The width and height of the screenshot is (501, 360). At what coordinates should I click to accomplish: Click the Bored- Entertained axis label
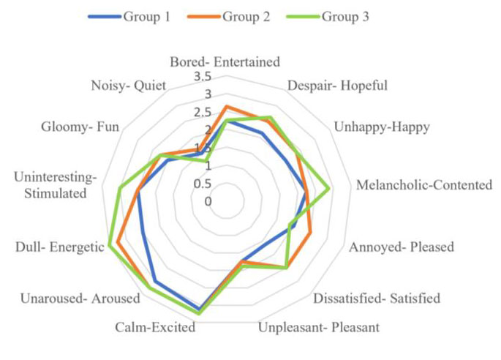tap(224, 62)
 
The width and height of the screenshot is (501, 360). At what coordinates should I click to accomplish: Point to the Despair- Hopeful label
tap(337, 85)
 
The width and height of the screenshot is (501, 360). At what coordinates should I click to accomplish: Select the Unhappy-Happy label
tap(382, 127)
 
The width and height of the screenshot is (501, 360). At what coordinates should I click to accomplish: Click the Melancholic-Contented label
tap(424, 185)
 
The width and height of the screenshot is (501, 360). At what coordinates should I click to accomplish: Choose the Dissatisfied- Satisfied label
tap(377, 299)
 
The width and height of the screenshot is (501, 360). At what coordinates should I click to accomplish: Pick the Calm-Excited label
tap(155, 327)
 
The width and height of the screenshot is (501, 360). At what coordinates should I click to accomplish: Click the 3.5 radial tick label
tap(203, 78)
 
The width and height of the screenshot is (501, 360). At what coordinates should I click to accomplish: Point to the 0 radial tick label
tap(208, 200)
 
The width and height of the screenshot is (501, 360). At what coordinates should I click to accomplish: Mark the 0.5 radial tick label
tap(203, 183)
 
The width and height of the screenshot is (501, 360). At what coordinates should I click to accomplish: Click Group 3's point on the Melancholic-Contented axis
tap(329, 188)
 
